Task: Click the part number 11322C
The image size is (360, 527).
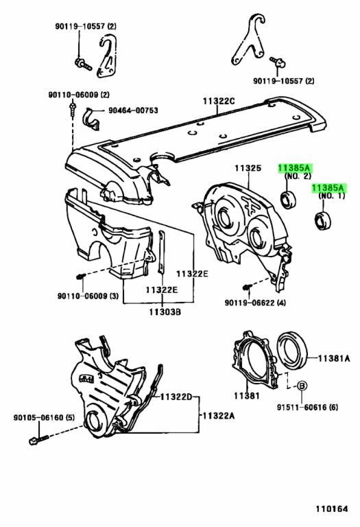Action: (x=218, y=102)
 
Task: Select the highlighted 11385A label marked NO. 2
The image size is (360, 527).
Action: (x=294, y=167)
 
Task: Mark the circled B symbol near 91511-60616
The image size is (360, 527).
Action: (x=300, y=387)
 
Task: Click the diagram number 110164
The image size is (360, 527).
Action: (x=332, y=510)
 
